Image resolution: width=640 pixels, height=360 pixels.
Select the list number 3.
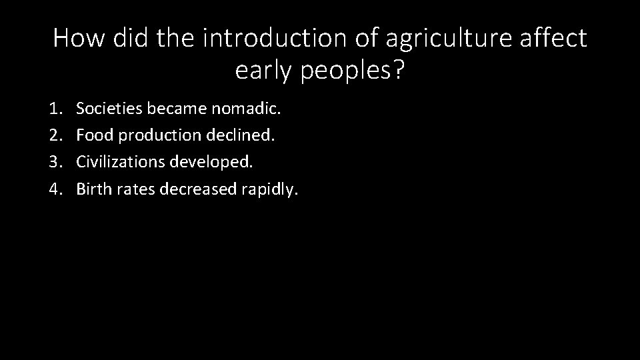click(56, 161)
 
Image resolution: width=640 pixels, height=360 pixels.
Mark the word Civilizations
click(121, 161)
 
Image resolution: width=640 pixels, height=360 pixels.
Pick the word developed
click(213, 161)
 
